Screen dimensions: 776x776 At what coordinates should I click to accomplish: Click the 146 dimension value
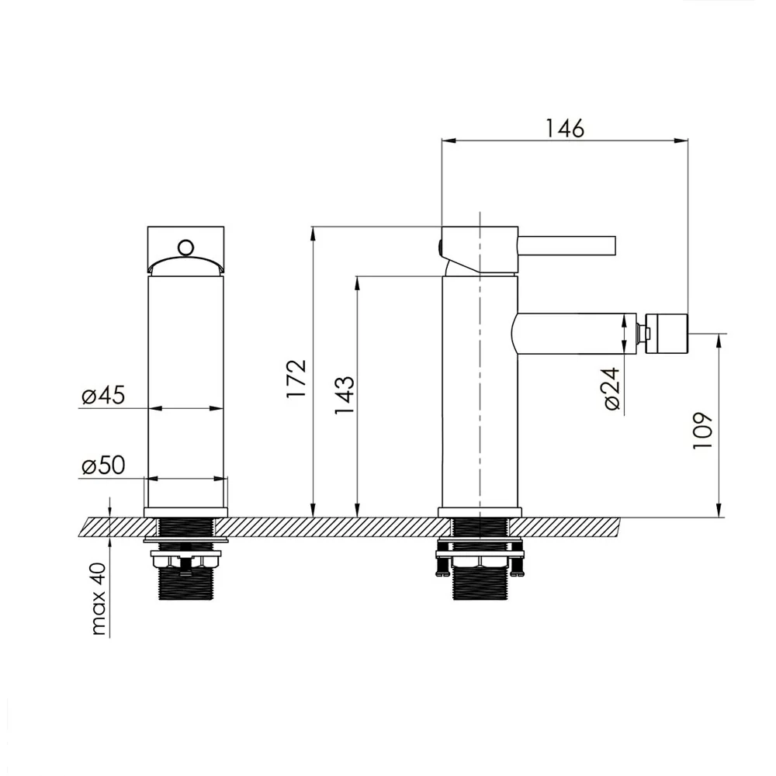[x=565, y=128]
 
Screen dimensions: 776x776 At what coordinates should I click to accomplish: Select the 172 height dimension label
[x=296, y=379]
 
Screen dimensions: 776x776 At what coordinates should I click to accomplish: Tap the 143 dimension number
[x=345, y=395]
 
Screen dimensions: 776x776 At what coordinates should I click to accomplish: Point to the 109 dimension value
[x=702, y=430]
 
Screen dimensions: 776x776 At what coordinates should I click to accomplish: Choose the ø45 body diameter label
[x=103, y=396]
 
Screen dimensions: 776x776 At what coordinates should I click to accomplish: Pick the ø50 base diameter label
[x=103, y=465]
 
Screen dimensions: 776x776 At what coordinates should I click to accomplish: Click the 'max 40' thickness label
[x=99, y=599]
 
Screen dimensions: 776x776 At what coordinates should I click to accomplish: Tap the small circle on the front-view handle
[x=185, y=247]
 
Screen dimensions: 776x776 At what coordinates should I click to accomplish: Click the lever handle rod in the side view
[x=566, y=245]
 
